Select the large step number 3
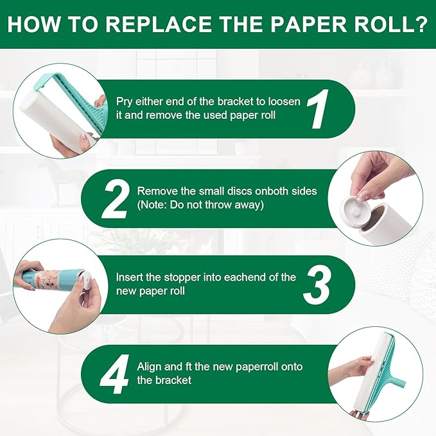[x=317, y=284]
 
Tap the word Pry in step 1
[x=125, y=101]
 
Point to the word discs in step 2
[x=235, y=191]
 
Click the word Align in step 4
[x=150, y=367]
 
